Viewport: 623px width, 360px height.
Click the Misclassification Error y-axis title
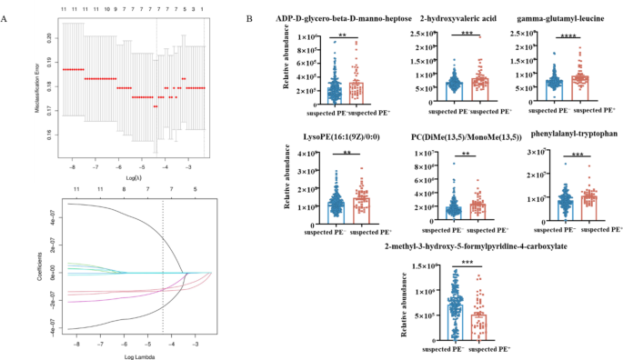(35, 88)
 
